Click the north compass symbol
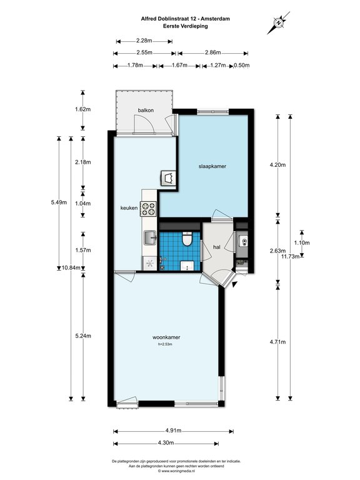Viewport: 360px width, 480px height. coord(278,22)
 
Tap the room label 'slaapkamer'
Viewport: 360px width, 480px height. coord(212,166)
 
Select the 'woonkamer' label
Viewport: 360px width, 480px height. coord(166,337)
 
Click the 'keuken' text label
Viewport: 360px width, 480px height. coord(129,208)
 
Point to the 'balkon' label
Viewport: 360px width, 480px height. coord(146,110)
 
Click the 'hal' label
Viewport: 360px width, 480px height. coord(217,247)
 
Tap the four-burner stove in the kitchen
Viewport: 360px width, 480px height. coord(149,209)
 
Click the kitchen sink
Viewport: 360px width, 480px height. coord(151,238)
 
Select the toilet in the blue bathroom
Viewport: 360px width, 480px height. coord(186,239)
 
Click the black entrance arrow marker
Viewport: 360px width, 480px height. coord(234,284)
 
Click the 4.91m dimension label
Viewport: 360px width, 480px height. coord(173,431)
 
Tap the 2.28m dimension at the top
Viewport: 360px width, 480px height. coord(144,41)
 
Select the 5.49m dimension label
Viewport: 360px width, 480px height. coord(59,202)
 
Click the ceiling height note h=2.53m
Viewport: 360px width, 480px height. coord(165,344)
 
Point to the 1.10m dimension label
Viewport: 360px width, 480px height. coord(302,242)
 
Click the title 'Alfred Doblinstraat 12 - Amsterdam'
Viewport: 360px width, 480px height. coord(185,19)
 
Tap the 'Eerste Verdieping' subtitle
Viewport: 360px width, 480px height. coord(186,26)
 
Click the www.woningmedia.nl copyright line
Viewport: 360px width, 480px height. coord(176,471)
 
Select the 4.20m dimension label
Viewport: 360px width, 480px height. coord(277,165)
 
